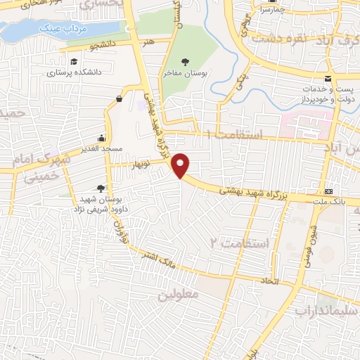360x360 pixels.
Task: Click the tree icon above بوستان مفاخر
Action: click(185, 62)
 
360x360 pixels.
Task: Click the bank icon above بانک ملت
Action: click(328, 192)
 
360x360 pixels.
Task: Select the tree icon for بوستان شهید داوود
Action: click(101, 188)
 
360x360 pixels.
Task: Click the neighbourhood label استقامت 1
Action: click(235, 134)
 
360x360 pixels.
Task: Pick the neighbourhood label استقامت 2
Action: click(240, 243)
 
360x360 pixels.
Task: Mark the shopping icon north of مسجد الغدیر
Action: click(118, 99)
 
